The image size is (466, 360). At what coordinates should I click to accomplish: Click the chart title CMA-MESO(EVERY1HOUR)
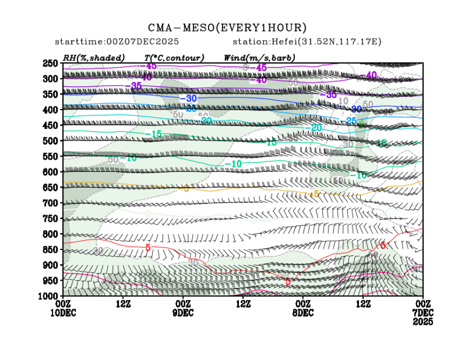click(228, 28)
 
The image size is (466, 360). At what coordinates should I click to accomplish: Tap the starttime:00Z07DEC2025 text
click(117, 42)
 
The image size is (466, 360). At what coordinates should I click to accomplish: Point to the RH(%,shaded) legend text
click(94, 57)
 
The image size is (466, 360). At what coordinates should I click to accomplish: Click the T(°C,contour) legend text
click(174, 57)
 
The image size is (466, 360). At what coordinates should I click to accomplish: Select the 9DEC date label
click(183, 313)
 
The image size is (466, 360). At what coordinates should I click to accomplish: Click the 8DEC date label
click(303, 313)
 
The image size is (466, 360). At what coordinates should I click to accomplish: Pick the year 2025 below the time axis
click(423, 322)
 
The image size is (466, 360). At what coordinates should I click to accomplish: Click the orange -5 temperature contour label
click(316, 194)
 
